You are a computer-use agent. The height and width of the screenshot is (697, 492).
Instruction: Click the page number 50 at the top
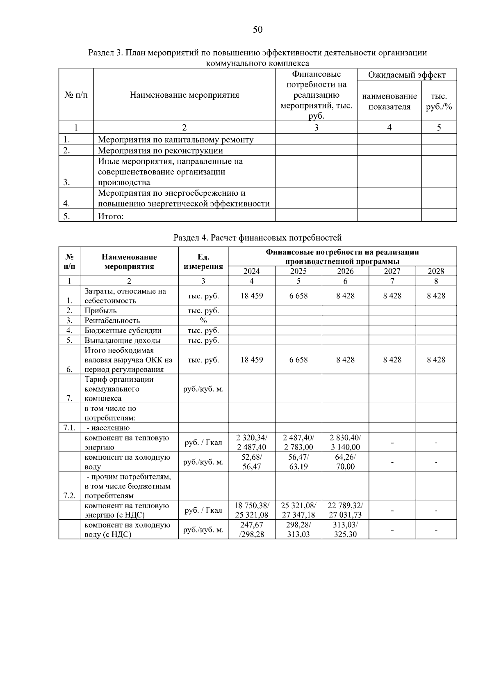tap(257, 30)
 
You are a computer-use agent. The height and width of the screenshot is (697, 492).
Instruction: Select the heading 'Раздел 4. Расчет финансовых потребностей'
tap(257, 238)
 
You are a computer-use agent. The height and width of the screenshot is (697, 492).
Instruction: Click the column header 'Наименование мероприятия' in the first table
tap(184, 95)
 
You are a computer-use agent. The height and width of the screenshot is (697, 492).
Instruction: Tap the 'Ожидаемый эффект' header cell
tap(406, 75)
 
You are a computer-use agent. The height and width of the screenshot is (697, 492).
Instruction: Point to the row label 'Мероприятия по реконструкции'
tap(160, 150)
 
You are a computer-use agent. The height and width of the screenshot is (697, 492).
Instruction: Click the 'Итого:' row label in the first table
tap(111, 216)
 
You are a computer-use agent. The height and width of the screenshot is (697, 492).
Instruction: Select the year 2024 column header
tap(251, 271)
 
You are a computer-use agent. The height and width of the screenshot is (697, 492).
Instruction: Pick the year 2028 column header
tap(436, 271)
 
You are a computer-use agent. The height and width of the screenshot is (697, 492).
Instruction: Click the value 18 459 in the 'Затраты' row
tap(251, 296)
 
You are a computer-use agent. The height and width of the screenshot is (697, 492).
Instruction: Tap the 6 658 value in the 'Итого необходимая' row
tap(298, 360)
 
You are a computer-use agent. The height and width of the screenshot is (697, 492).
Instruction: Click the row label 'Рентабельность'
tap(112, 321)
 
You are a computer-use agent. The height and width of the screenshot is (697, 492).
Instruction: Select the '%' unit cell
tap(203, 321)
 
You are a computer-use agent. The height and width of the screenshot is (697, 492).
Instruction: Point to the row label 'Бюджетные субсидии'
tap(123, 330)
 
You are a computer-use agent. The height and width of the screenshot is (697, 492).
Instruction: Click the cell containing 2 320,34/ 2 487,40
tap(251, 442)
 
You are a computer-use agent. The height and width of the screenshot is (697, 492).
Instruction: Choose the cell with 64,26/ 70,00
tap(345, 462)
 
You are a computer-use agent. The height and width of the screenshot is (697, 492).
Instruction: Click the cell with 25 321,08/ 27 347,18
tap(298, 510)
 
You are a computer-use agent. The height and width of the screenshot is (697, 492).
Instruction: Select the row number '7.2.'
tap(69, 495)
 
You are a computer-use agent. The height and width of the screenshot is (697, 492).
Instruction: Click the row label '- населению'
tap(107, 428)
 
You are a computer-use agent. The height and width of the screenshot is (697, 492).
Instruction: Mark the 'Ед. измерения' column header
tap(203, 262)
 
